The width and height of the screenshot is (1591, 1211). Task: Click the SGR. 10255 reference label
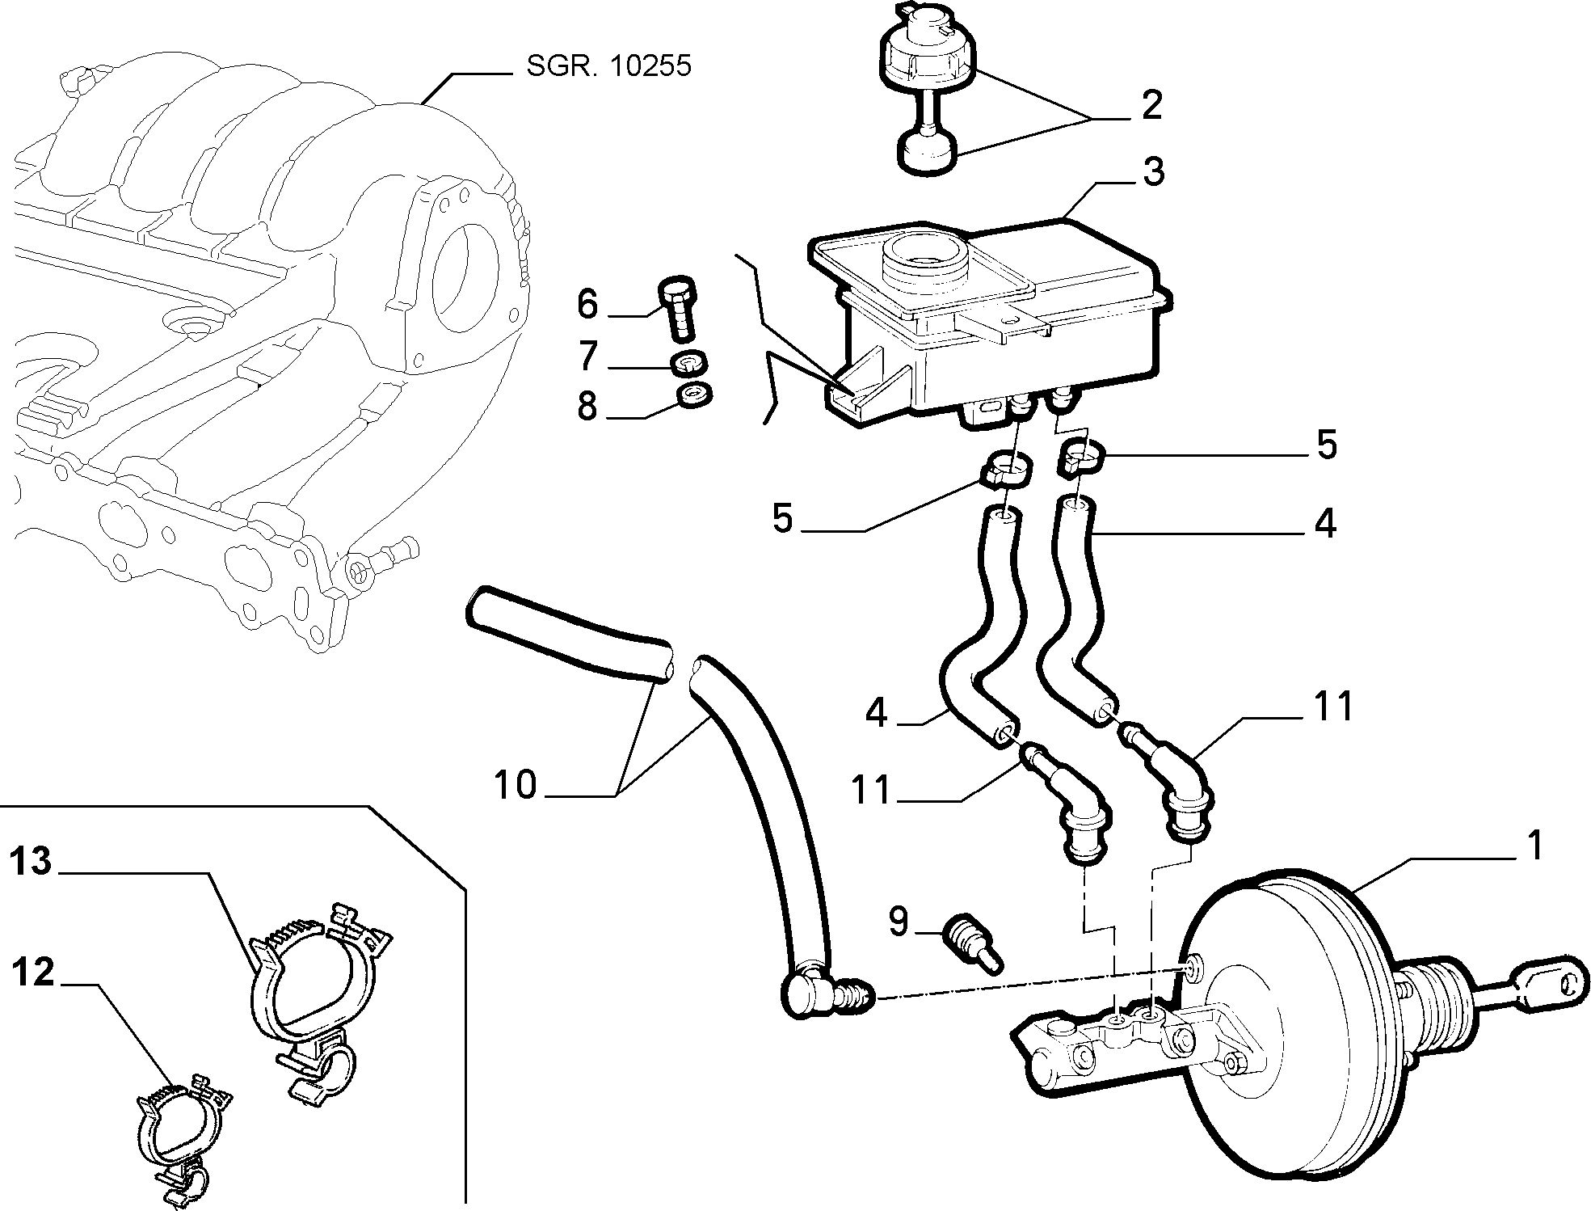pos(608,65)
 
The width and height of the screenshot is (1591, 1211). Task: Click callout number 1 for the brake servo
pos(1534,846)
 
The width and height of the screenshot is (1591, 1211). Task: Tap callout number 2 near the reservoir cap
pos(1151,106)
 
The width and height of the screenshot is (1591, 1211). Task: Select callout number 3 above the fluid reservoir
pos(1153,172)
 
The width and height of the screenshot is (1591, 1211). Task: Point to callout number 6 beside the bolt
pos(587,304)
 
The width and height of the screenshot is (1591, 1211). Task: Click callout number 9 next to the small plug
pos(899,922)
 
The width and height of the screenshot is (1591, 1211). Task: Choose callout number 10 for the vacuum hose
pos(516,784)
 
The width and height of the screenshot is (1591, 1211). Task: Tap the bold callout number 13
pos(32,862)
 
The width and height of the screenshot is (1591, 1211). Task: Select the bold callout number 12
pos(32,972)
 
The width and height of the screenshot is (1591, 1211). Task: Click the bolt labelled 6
pos(678,310)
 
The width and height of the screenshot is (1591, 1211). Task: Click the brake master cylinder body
pos(1131,1048)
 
